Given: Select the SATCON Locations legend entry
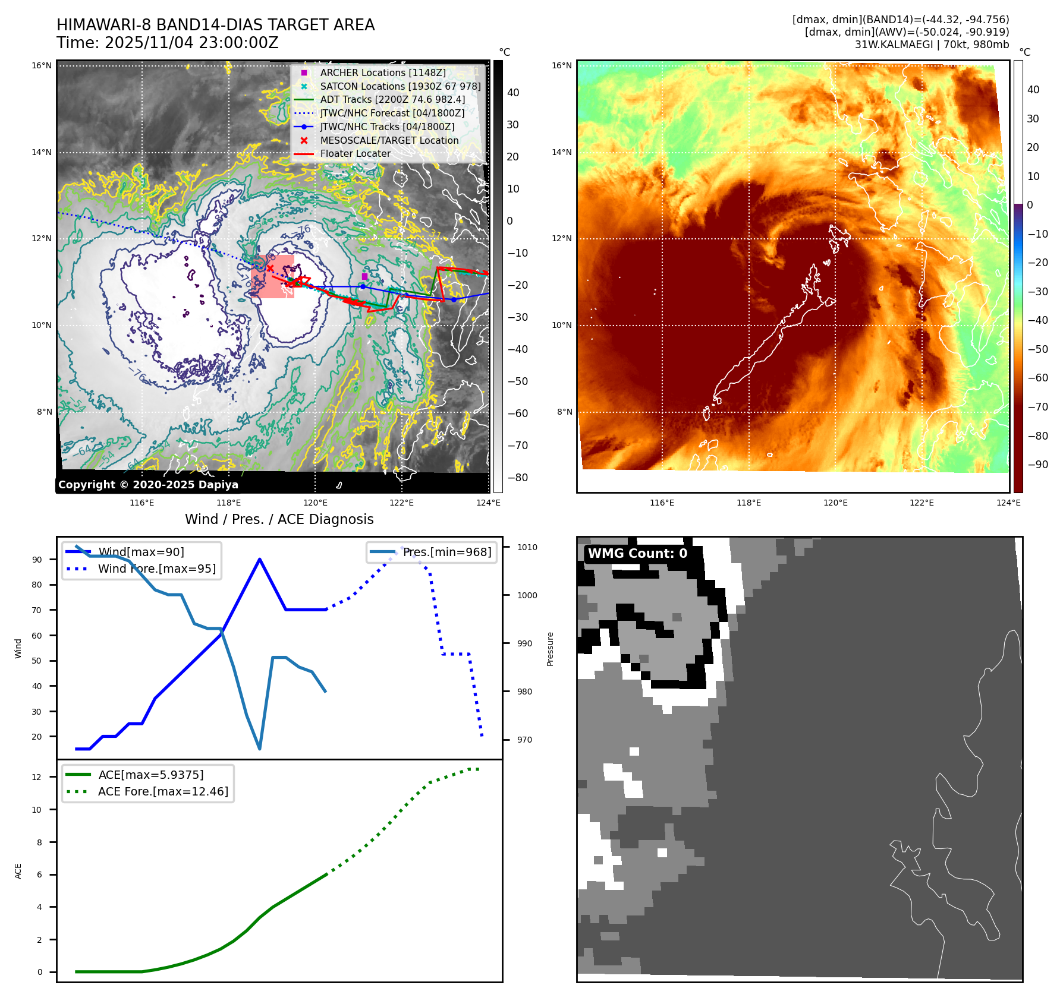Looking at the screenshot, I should click(x=400, y=86).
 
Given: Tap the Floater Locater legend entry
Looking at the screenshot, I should click(x=355, y=153).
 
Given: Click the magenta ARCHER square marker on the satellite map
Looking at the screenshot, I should click(x=364, y=276).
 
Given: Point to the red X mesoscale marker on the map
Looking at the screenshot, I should click(x=270, y=268).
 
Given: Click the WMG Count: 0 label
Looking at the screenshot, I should click(x=637, y=554).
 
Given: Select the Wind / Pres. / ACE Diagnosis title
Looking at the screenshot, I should click(x=279, y=519).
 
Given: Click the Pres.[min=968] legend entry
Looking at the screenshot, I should click(x=446, y=552).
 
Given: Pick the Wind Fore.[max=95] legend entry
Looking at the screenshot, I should click(x=157, y=569).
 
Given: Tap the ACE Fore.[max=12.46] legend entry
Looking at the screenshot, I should click(x=163, y=791).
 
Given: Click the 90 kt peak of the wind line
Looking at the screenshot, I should click(x=260, y=559).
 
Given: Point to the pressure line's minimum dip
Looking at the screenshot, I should click(x=260, y=749).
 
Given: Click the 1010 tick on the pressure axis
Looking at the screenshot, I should click(x=527, y=547).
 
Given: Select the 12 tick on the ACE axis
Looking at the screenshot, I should click(x=37, y=777).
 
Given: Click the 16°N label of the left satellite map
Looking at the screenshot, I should click(x=42, y=65).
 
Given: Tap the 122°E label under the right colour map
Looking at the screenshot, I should click(x=922, y=503).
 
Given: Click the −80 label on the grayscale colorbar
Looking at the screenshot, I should click(x=517, y=478).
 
